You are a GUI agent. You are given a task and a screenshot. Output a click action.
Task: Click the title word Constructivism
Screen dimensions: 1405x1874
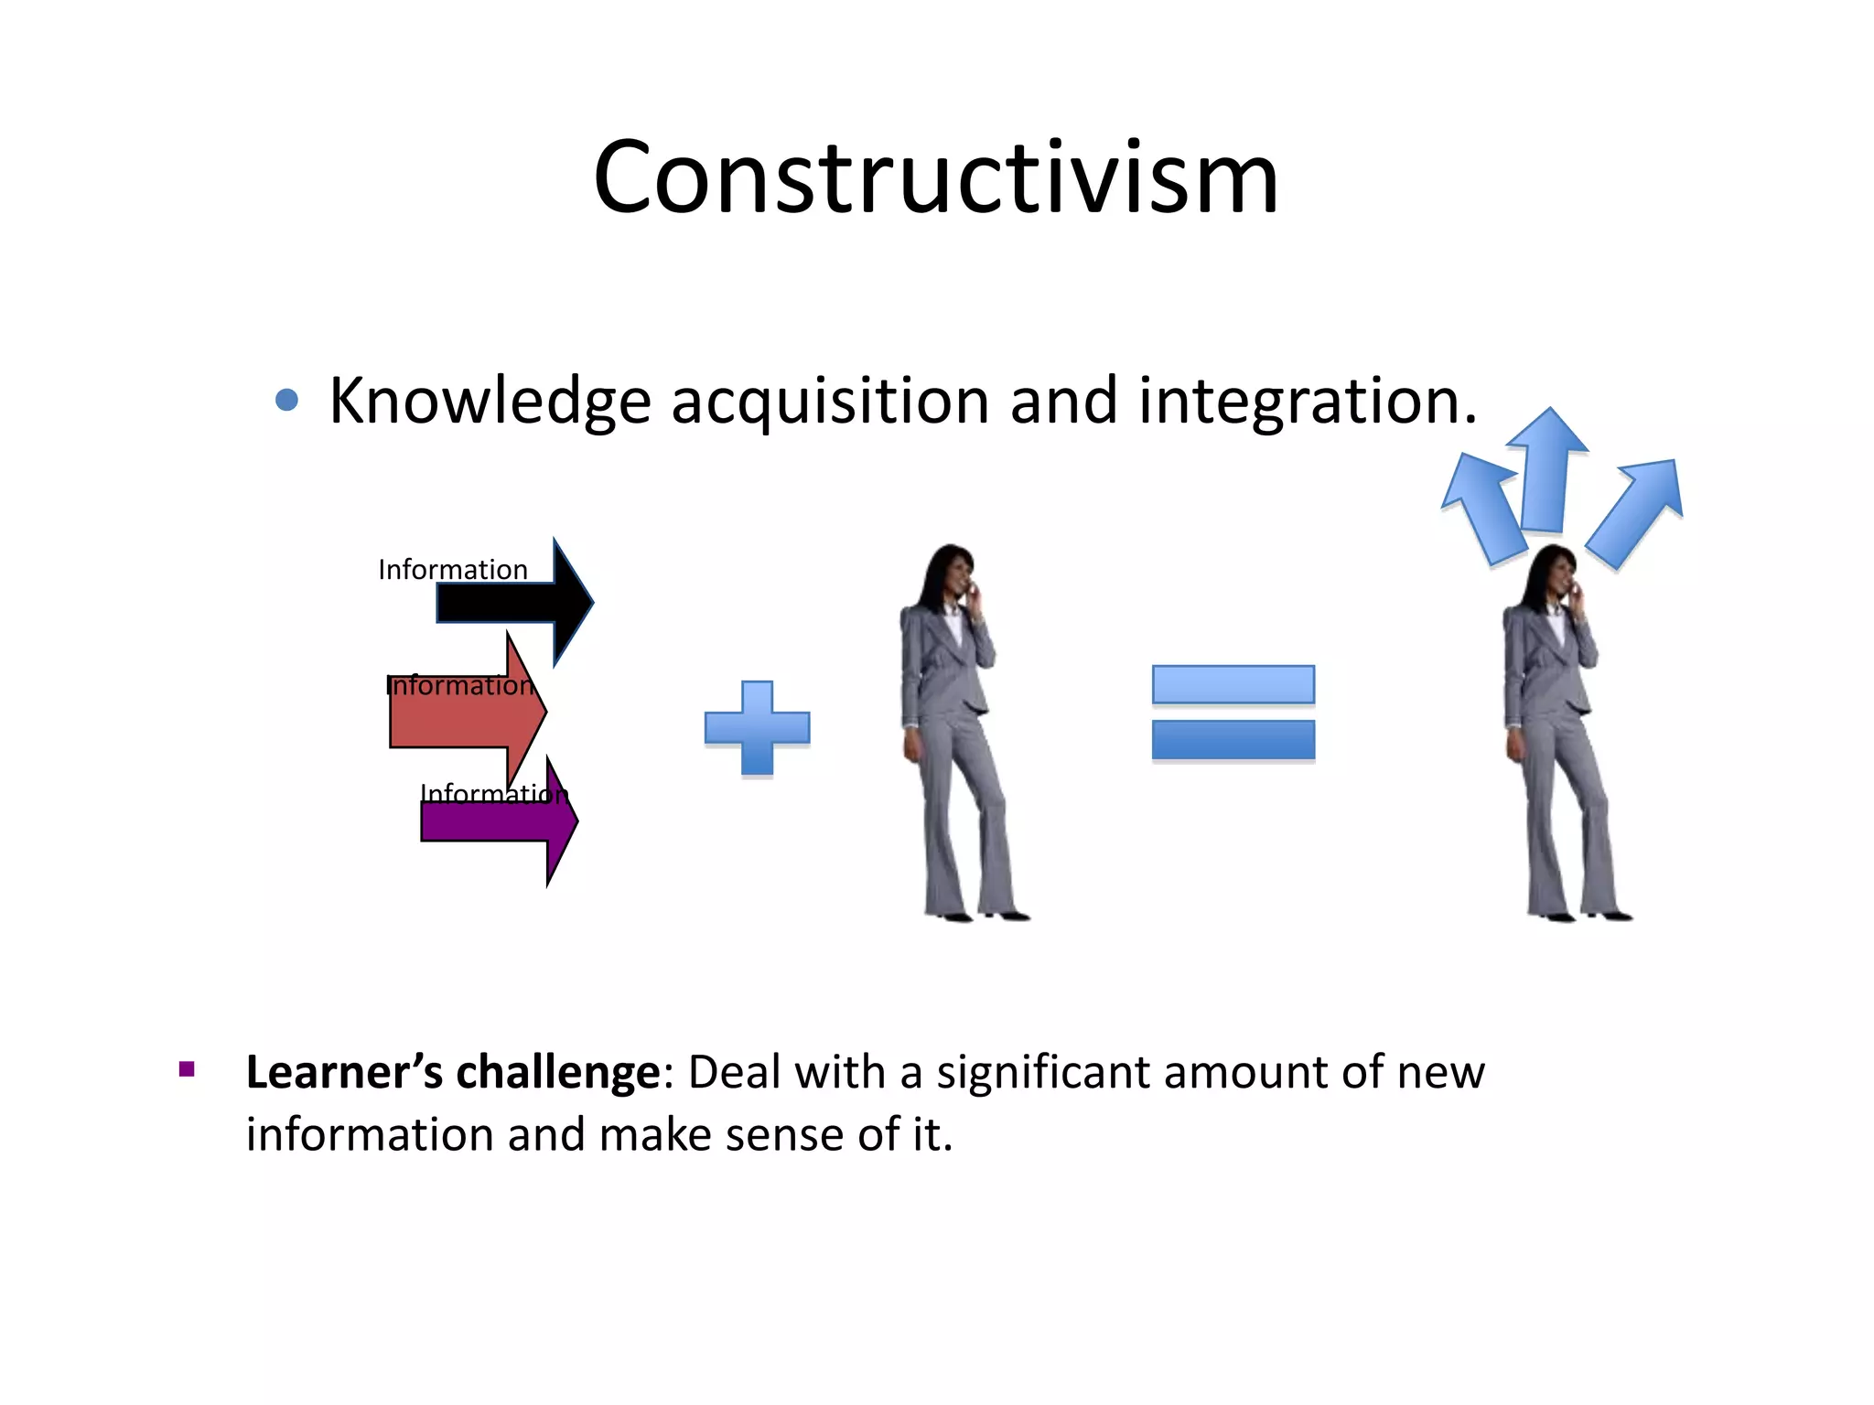(935, 178)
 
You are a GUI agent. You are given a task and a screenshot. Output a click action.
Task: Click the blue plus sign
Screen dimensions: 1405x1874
(757, 728)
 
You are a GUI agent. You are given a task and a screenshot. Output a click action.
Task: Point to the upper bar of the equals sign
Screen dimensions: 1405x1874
(1233, 684)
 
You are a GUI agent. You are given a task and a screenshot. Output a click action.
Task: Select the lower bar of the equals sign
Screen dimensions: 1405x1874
(1233, 740)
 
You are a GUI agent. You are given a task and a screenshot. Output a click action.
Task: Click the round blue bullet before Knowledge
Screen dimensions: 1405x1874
(286, 400)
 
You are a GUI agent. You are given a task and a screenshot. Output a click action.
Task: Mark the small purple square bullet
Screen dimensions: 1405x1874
(188, 1069)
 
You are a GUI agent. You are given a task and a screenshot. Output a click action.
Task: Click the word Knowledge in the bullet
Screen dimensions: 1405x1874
(490, 402)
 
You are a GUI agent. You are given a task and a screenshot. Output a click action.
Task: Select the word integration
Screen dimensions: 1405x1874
(1306, 402)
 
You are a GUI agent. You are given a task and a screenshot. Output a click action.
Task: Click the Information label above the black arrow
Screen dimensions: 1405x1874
(453, 570)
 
